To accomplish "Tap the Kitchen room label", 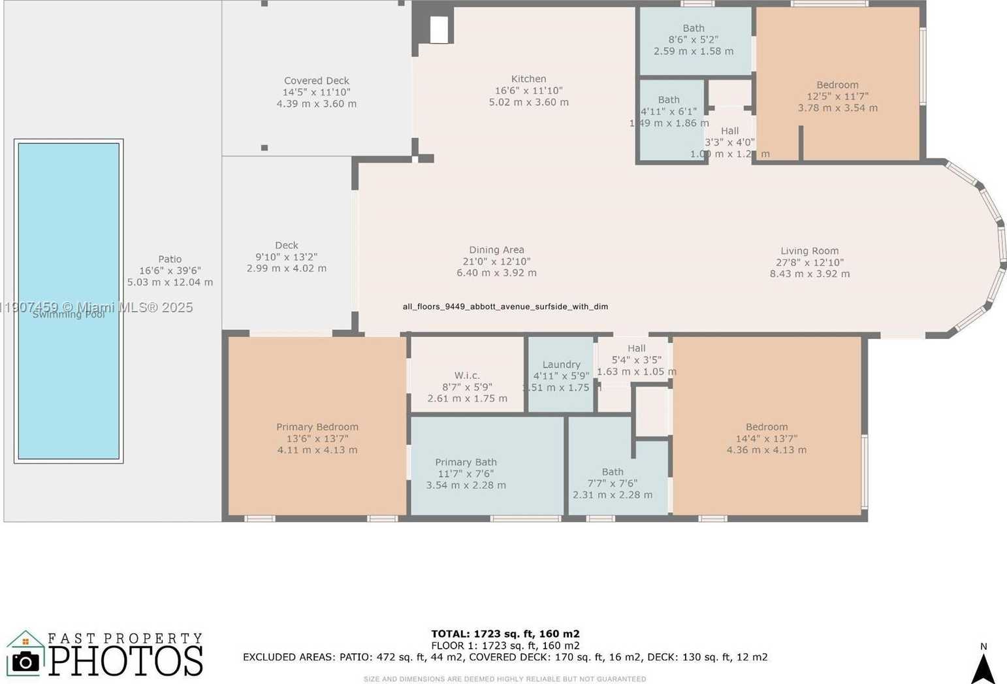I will click(528, 79).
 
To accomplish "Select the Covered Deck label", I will click(316, 81).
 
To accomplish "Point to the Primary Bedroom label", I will click(317, 427).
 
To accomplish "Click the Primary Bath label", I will click(466, 463).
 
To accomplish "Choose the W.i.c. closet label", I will click(467, 376).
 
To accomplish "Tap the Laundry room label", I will click(561, 365).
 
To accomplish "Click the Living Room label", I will click(809, 251).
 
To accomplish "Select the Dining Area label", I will click(496, 250).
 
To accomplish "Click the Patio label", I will click(170, 259).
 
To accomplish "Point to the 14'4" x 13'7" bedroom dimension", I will click(767, 439).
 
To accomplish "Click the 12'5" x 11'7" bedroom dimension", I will click(837, 97).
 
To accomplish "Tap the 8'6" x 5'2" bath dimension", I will click(693, 40).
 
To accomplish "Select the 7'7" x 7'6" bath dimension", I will click(612, 483).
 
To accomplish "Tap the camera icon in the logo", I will click(25, 661).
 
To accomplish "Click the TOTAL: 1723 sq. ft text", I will click(505, 634).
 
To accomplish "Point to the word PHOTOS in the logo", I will click(126, 660).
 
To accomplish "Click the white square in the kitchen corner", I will click(439, 29).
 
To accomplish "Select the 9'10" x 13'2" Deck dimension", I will click(286, 257).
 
